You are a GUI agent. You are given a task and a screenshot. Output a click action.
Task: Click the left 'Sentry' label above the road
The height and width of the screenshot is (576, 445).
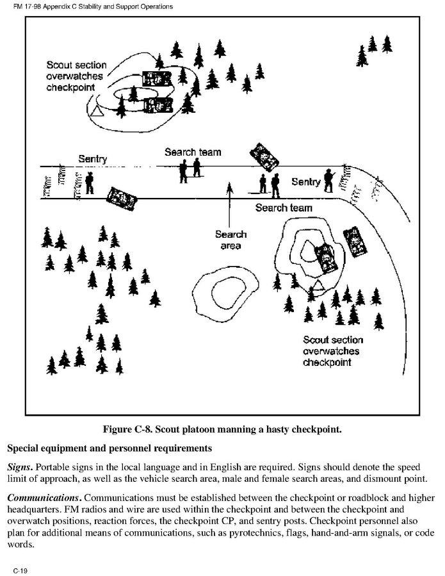tap(92, 158)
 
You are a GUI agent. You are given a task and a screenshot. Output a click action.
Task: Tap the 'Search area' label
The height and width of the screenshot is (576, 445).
tap(231, 240)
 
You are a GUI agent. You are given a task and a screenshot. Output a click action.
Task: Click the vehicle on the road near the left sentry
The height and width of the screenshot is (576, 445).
tap(122, 197)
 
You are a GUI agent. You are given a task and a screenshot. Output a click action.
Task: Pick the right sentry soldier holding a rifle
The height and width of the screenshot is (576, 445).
tap(329, 180)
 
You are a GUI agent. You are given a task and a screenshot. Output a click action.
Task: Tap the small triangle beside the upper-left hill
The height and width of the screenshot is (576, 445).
tap(97, 111)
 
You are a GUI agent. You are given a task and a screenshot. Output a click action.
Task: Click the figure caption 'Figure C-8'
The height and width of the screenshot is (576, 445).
tap(222, 429)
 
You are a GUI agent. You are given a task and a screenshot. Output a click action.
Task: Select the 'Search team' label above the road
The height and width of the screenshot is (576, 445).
tap(192, 152)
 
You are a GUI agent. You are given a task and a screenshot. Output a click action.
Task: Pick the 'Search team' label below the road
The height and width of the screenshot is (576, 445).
tap(284, 208)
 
